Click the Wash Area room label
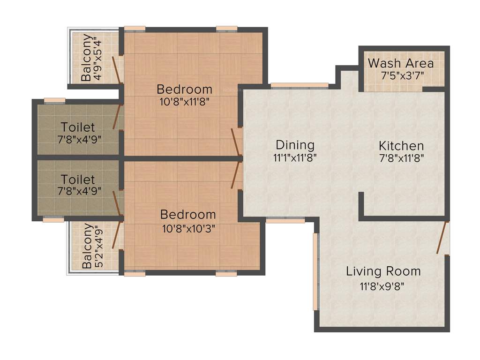(401, 63)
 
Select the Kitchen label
(401, 145)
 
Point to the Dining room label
(295, 144)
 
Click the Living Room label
(383, 271)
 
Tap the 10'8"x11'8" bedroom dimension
(184, 101)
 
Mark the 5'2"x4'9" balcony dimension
(98, 247)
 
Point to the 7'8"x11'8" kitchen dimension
(402, 158)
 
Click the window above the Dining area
(300, 85)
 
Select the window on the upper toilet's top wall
(54, 99)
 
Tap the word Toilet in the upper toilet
(78, 127)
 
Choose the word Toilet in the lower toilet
(78, 179)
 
